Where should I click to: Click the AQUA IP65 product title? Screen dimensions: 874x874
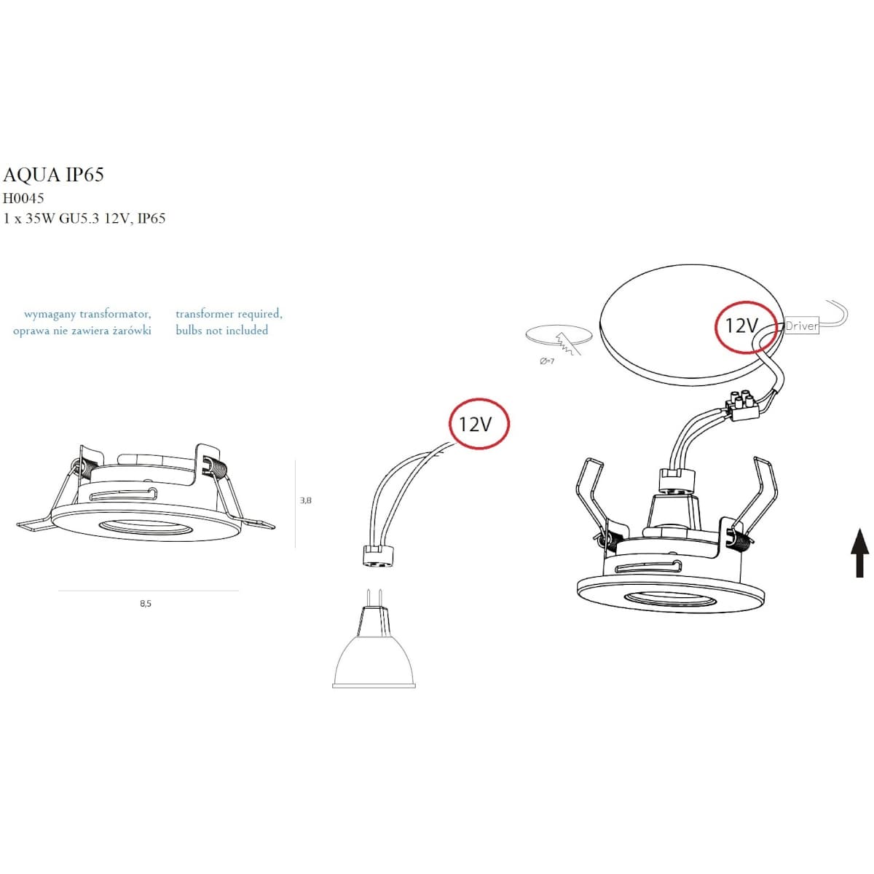point(53,174)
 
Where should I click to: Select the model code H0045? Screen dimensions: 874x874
point(23,198)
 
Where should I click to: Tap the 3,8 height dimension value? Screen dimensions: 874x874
point(305,500)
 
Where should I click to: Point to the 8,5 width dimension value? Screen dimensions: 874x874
point(146,604)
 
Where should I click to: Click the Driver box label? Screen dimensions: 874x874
point(801,326)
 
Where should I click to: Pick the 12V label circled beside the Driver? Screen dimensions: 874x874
point(741,326)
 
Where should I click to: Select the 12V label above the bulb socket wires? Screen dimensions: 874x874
point(475,424)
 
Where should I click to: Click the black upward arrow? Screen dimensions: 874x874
point(859,553)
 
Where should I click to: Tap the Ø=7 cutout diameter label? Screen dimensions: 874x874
point(546,361)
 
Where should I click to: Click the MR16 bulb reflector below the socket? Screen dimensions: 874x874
point(374,661)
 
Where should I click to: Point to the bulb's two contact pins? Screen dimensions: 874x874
point(374,598)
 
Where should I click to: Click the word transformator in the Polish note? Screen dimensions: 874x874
point(115,314)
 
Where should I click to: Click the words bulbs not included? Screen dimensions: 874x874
point(222,330)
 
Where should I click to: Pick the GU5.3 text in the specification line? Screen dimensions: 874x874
point(79,219)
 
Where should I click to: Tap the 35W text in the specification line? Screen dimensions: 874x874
point(40,219)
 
